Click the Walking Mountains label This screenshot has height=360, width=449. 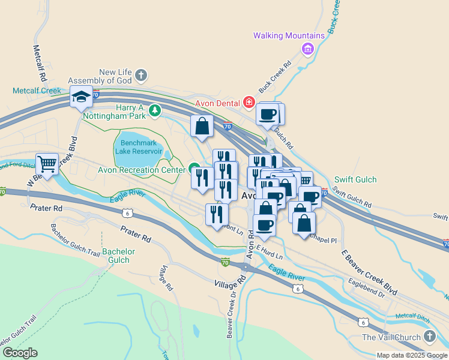coord(289,35)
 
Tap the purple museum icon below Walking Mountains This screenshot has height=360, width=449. coord(308,48)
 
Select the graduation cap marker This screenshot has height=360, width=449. coord(81,96)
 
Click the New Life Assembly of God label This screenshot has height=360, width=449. coord(100,76)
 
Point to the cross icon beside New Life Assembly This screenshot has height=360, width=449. coord(140,75)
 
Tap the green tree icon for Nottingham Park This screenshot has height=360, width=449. coord(155,110)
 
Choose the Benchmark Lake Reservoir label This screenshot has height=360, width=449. coord(137,147)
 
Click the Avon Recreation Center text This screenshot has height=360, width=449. coord(142,170)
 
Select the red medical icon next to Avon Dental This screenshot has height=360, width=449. coord(249,103)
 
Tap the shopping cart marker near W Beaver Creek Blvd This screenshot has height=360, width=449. coord(47,164)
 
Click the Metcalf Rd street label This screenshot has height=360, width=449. coord(40,64)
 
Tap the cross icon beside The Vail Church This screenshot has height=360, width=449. coord(429,337)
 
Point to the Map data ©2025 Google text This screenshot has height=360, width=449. coord(412,355)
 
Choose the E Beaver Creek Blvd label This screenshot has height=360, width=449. coord(369,272)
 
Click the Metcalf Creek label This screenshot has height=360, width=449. coord(37,91)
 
